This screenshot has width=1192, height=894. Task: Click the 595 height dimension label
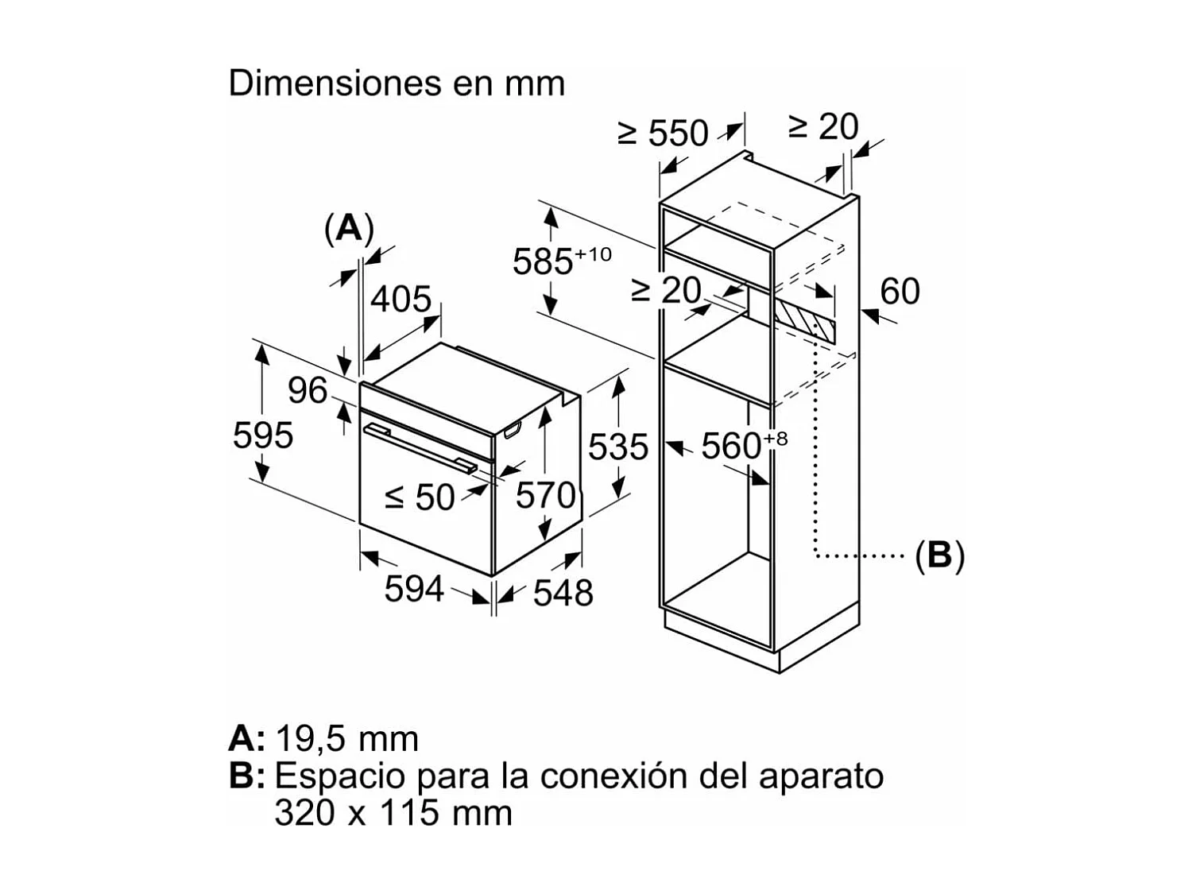point(263,435)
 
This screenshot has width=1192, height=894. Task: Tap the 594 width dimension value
point(413,589)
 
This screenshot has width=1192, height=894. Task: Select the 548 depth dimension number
point(563,593)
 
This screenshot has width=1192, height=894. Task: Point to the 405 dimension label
point(401,300)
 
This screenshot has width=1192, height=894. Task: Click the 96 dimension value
point(307,390)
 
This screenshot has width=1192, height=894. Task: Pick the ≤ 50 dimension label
point(420,497)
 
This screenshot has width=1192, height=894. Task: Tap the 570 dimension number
point(545,496)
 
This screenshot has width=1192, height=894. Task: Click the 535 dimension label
point(617,447)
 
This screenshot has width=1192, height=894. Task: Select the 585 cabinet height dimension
point(544,261)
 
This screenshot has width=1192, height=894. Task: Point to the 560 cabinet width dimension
point(732,447)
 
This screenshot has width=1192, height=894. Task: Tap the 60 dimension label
point(900,291)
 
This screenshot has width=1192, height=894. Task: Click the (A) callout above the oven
point(349,229)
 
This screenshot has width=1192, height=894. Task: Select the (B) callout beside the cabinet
point(939,555)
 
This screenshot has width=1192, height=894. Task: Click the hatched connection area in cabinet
point(805,321)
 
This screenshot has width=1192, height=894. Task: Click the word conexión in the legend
point(611,776)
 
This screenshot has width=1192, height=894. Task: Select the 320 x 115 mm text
point(393,813)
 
